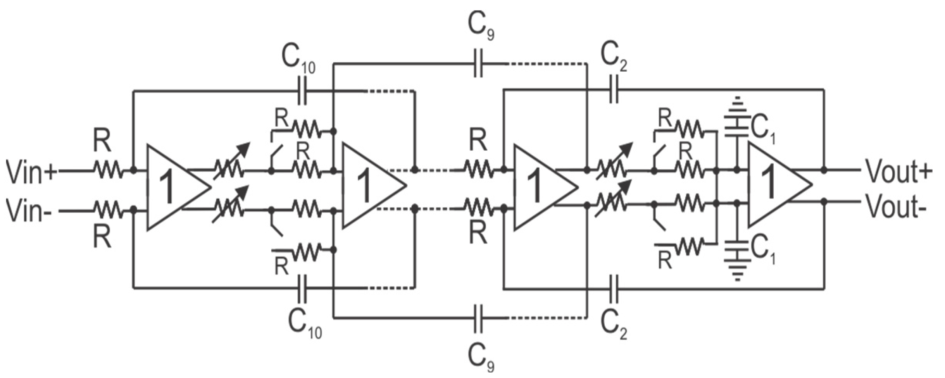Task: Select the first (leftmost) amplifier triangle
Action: tap(172, 187)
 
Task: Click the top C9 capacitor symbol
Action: tap(478, 63)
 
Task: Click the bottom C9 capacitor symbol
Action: tap(478, 318)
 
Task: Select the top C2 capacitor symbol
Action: tap(614, 89)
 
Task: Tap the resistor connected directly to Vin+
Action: tap(107, 170)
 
